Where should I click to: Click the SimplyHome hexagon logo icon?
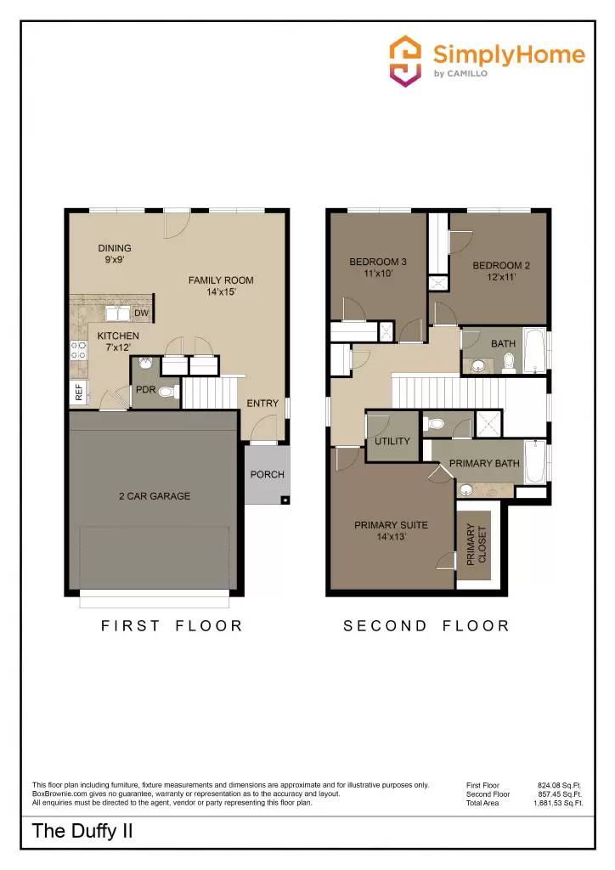coord(405,60)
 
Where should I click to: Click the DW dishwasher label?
coord(141,314)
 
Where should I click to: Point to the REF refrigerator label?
coord(79,392)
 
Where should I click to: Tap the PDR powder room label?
coord(145,390)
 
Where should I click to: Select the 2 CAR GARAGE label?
coord(154,496)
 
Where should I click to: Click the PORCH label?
coord(268,474)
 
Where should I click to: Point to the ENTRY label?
coord(262,403)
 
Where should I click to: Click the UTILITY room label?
coord(392,441)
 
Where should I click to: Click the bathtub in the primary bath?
coord(536,461)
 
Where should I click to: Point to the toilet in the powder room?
coord(167,392)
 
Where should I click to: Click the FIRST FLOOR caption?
coord(172,626)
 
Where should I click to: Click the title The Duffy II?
coord(82,831)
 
